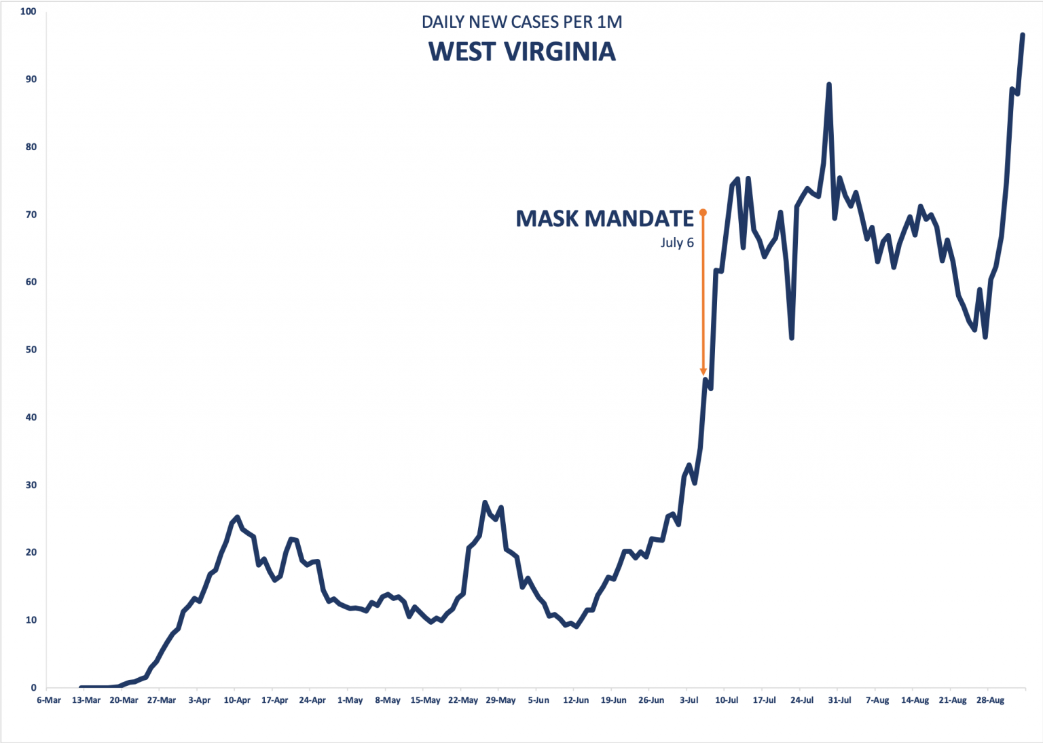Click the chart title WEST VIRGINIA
[521, 52]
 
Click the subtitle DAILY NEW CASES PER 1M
[521, 22]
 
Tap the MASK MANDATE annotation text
[604, 219]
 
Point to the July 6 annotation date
[677, 242]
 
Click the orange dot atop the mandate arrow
[703, 213]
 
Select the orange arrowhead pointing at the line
[703, 371]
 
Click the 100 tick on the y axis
[29, 12]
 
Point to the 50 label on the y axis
[31, 350]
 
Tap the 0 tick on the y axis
[33, 687]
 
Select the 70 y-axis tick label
[31, 215]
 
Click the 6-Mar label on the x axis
[49, 700]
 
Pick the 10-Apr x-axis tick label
[237, 700]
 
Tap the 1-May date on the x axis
[350, 700]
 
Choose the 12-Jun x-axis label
[576, 700]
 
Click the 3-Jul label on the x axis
[689, 700]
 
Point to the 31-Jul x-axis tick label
[839, 700]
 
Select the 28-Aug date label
[990, 700]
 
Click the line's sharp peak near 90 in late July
[828, 85]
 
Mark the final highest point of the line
[1023, 35]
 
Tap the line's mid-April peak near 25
[236, 518]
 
